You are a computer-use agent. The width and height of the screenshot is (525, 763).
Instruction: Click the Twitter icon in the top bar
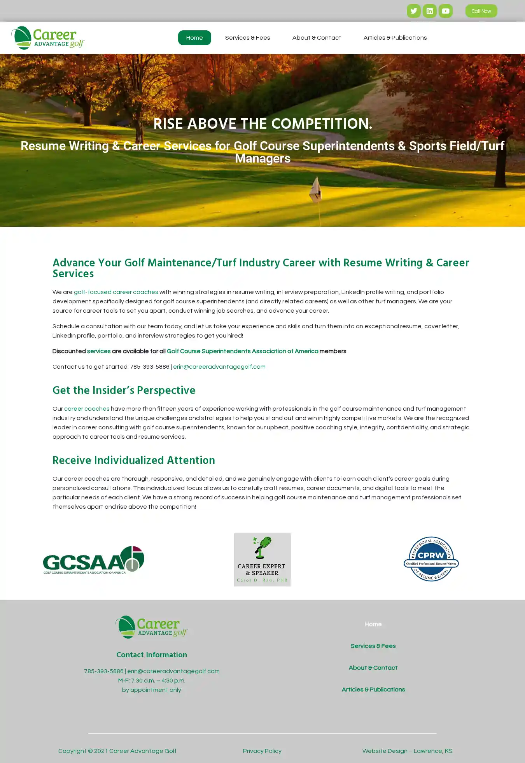coord(413,11)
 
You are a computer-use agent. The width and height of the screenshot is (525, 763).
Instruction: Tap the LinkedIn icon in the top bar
coord(429,11)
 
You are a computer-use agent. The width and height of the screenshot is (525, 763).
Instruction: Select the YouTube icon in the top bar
coord(445,11)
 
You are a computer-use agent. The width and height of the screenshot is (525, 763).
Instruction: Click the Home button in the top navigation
coord(194,38)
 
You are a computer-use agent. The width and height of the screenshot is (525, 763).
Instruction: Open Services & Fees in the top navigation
coord(247,38)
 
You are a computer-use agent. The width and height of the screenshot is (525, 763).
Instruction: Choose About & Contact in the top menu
coord(317,38)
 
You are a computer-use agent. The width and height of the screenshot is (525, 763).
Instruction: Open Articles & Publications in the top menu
coord(395,38)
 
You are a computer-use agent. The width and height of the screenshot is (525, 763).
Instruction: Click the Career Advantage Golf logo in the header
coord(48,38)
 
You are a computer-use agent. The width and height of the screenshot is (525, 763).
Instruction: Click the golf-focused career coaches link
coord(116,292)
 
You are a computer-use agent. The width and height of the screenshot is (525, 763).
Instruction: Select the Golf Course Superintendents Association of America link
coord(242,351)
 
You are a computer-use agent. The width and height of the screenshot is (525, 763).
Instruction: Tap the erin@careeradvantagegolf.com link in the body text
coord(219,367)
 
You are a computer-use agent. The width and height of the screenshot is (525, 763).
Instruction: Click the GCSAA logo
coord(93,560)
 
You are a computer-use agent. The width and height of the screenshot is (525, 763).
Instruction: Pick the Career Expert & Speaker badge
coord(262,560)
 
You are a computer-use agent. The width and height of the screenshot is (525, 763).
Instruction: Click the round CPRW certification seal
coord(431,559)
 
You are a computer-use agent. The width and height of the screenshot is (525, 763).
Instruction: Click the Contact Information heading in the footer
coord(151,655)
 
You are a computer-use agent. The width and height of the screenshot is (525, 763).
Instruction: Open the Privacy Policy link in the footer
coord(262,751)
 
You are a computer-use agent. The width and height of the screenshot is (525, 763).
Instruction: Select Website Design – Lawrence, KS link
coord(407,751)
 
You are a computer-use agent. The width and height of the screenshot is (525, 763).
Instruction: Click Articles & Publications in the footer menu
coord(373,689)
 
